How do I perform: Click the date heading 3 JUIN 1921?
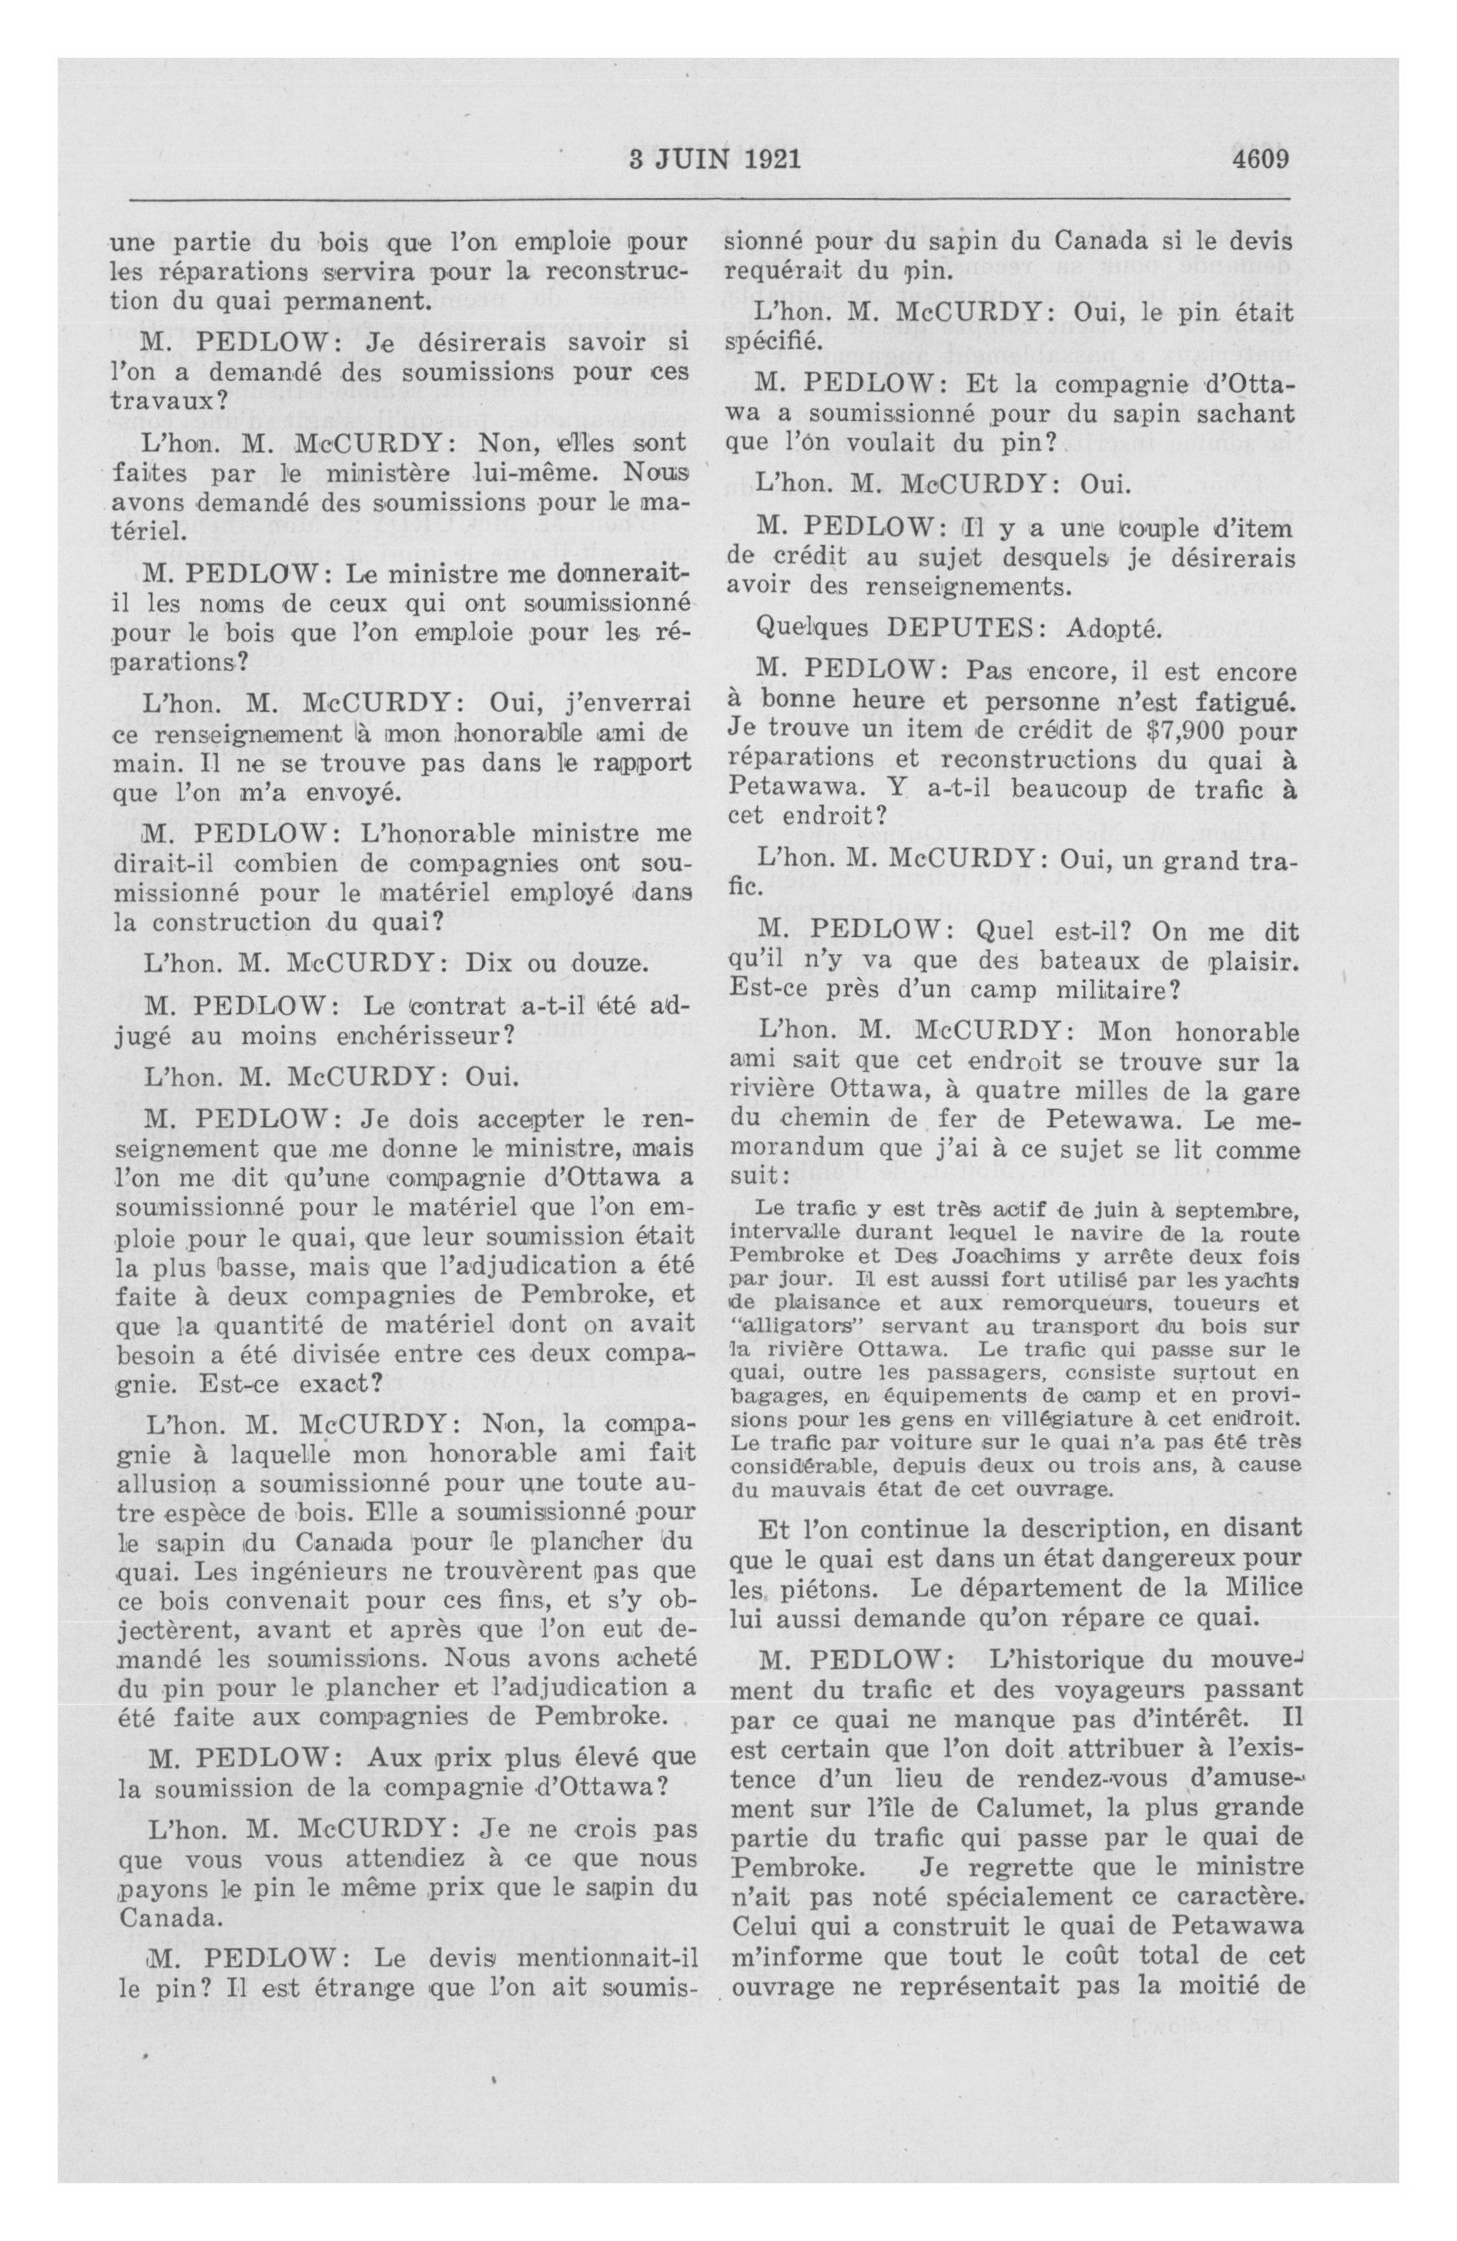pos(715,157)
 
